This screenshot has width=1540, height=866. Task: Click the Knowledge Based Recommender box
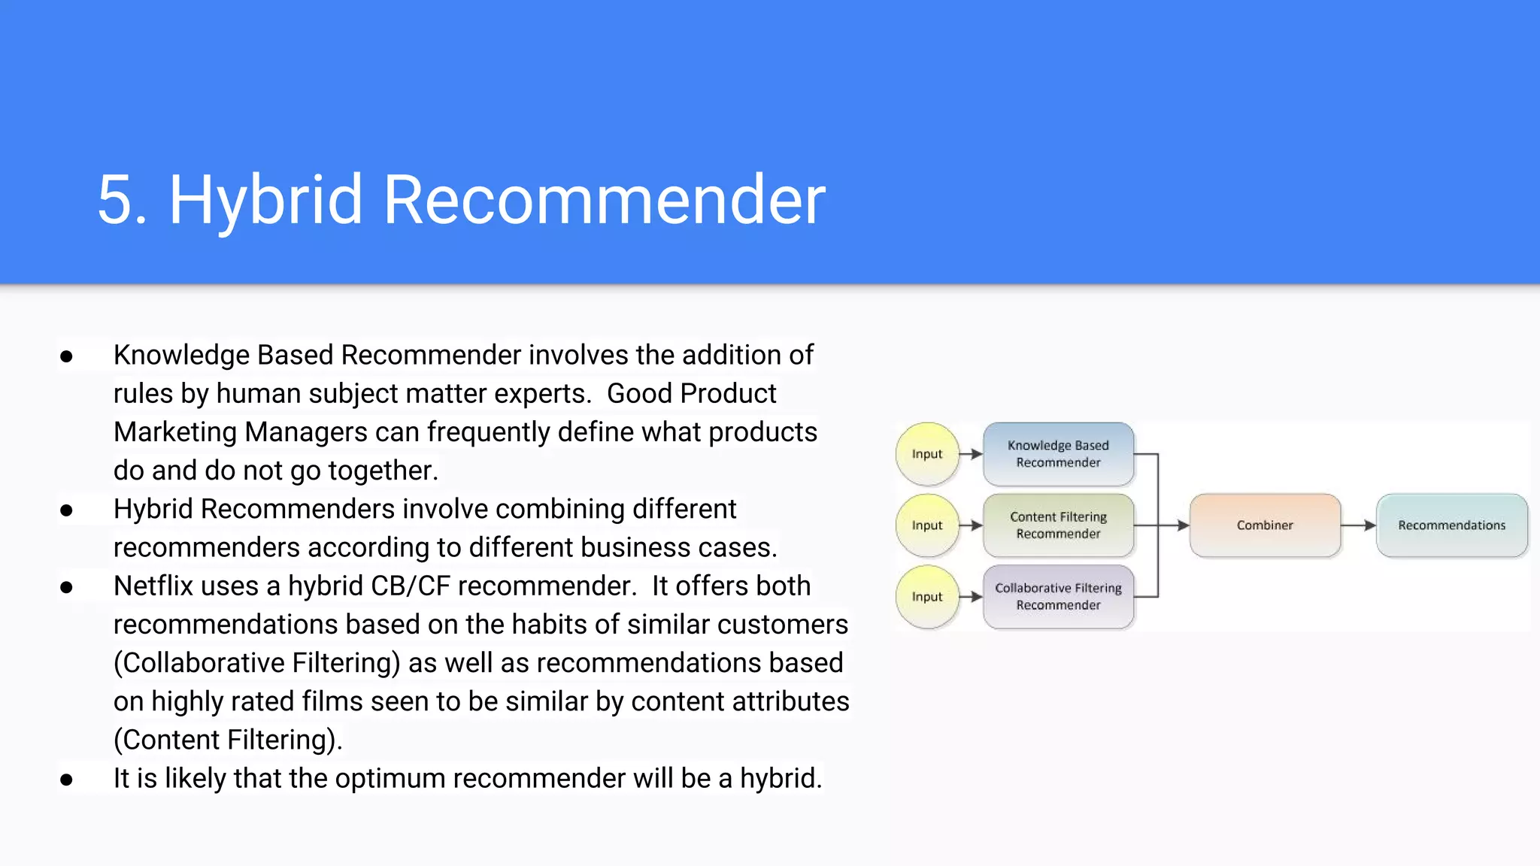(1058, 454)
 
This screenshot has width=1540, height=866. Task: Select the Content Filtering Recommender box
(1058, 525)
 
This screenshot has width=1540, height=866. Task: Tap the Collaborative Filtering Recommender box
(1058, 597)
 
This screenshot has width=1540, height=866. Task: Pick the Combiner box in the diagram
(1265, 525)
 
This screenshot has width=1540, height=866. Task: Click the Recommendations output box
(1451, 525)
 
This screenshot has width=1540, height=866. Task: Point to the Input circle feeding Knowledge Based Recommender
(927, 454)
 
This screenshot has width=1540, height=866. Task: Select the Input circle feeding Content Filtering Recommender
(927, 525)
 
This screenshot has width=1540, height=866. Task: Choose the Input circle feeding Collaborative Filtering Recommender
(927, 597)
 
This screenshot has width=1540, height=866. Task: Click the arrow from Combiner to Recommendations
(1358, 525)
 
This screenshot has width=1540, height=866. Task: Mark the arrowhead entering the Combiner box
(1183, 525)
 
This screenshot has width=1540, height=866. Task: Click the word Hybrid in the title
(265, 200)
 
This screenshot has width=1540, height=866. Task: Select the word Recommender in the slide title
(604, 200)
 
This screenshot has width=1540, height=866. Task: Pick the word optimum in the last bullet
(390, 779)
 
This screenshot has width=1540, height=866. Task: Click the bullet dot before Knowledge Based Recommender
(66, 356)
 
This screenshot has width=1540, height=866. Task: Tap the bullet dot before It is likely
(66, 780)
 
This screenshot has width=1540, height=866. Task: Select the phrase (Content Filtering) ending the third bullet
(227, 740)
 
